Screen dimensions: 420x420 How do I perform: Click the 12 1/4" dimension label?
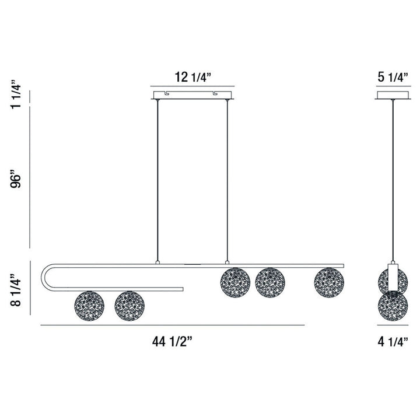(x=193, y=78)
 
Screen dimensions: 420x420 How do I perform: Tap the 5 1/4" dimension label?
(x=393, y=78)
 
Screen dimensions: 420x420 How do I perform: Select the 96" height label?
(x=16, y=178)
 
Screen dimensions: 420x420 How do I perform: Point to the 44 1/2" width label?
(x=172, y=342)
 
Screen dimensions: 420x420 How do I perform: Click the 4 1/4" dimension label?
(x=393, y=342)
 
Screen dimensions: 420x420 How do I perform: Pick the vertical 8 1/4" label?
(x=16, y=290)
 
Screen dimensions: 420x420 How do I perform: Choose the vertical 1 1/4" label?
(x=16, y=94)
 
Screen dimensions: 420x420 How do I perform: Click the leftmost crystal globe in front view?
(x=89, y=306)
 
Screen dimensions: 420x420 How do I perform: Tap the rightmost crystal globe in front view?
(x=329, y=282)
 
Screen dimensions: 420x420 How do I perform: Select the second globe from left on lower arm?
(x=129, y=306)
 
